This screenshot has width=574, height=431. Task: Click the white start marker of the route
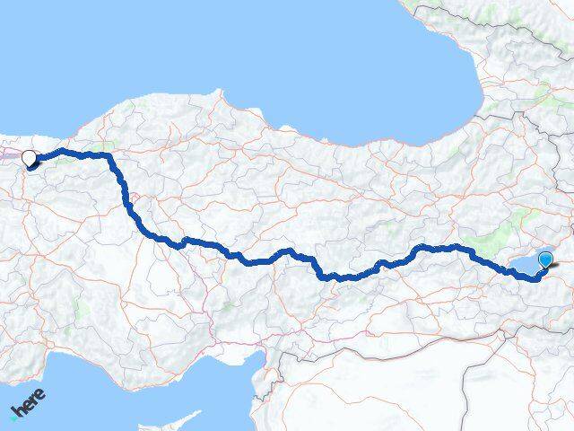tap(29, 158)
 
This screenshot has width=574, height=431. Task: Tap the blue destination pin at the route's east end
tap(545, 260)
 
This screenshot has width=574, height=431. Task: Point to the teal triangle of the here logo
tap(13, 416)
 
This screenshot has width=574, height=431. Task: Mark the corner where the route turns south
tap(110, 158)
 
